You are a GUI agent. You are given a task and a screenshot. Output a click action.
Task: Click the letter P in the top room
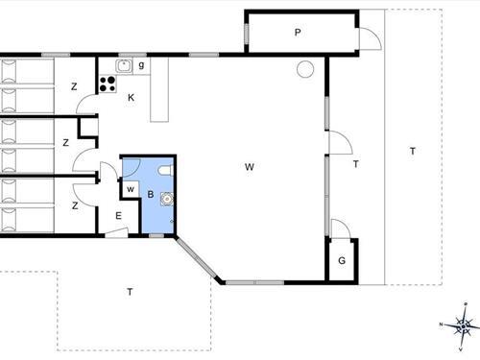pos(298,33)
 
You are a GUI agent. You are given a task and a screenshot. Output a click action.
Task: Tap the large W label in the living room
pos(249,167)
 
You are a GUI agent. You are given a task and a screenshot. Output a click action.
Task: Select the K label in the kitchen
pos(132,99)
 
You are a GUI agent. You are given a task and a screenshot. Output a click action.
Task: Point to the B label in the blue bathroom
pos(150,194)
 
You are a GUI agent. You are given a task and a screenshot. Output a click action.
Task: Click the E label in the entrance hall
pos(118,216)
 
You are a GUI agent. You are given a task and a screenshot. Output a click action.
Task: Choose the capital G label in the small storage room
pos(341,261)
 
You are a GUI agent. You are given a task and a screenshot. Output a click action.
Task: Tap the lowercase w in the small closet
pos(131,188)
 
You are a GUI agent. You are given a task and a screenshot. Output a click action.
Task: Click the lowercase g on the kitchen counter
pos(141,65)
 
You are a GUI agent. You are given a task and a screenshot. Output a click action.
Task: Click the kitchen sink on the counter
pos(124,65)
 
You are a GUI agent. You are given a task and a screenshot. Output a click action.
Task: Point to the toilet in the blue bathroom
pos(164,172)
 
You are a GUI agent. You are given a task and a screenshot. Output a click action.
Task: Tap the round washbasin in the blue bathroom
pos(167,201)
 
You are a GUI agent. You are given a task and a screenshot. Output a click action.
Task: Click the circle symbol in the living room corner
pos(304,69)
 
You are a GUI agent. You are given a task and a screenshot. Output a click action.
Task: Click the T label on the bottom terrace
pos(130,290)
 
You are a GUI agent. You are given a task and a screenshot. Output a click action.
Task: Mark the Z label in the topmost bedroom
pos(74,87)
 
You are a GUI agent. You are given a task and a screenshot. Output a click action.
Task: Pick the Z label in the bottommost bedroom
pos(74,205)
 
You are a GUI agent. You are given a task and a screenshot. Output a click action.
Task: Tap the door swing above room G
pos(338,228)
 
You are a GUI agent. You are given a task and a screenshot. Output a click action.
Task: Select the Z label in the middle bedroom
pos(65,143)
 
